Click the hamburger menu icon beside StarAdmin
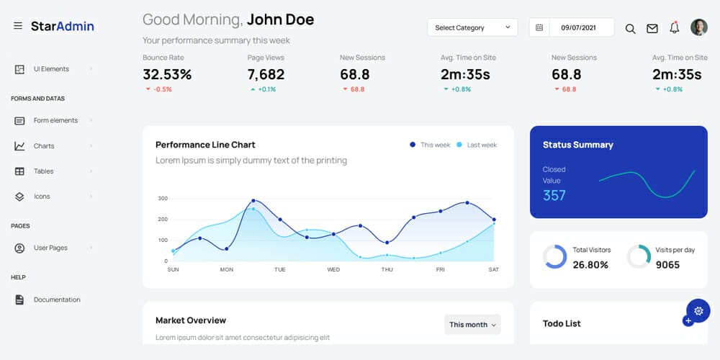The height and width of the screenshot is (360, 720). point(18,26)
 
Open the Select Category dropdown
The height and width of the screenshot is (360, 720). point(472,27)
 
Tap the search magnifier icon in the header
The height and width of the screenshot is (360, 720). point(630,28)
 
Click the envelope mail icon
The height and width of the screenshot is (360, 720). point(652,28)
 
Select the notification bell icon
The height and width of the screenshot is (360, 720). point(675,27)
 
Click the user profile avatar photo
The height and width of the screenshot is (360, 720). point(698,27)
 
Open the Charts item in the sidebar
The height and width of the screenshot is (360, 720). point(44,146)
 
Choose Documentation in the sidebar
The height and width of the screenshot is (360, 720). point(57,300)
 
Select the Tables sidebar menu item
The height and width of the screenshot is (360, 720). point(43,171)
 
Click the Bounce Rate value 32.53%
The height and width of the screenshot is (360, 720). point(167,74)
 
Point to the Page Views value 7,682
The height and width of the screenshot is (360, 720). point(266,74)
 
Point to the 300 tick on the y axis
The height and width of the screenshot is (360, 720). point(163,198)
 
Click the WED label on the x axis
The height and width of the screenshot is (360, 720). point(333,269)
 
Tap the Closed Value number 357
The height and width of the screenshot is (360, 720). point(554,195)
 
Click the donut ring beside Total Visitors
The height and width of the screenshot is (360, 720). point(554,257)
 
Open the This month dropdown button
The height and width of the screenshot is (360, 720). point(472,325)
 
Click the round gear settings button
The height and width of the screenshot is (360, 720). point(698,310)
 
